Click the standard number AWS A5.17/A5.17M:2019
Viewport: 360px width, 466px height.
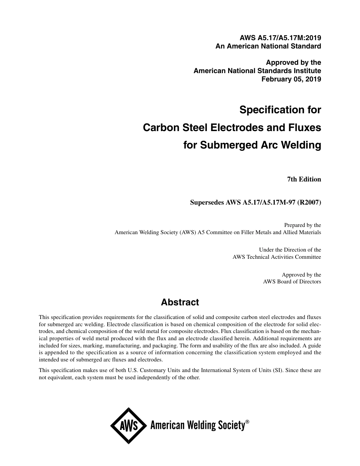[x=280, y=38]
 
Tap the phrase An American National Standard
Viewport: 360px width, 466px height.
[x=268, y=46]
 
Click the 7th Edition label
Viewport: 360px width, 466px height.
[x=304, y=180]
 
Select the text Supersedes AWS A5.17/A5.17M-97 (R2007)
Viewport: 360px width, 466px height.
[x=255, y=202]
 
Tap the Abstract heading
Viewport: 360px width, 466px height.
[x=180, y=302]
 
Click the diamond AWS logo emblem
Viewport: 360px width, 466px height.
[x=129, y=426]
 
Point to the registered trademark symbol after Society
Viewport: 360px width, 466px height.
[x=247, y=422]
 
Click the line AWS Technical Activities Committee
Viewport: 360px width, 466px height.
[x=277, y=257]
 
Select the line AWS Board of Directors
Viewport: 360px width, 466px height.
[x=292, y=281]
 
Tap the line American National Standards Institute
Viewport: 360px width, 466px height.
[x=257, y=71]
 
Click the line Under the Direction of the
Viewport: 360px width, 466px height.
[x=290, y=250]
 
